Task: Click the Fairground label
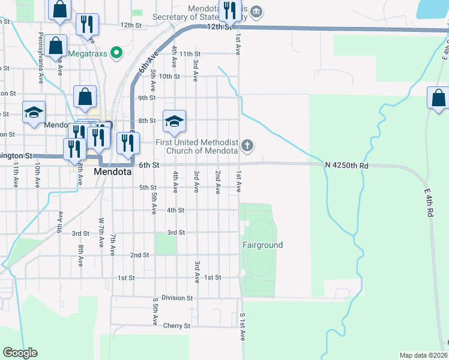click(262, 245)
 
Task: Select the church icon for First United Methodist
click(247, 145)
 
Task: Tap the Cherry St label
click(176, 326)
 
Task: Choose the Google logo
click(20, 353)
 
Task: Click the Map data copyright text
click(423, 355)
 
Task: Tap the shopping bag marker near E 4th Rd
click(439, 97)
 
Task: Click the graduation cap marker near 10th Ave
click(34, 112)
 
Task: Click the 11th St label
click(188, 54)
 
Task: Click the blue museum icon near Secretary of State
click(256, 10)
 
